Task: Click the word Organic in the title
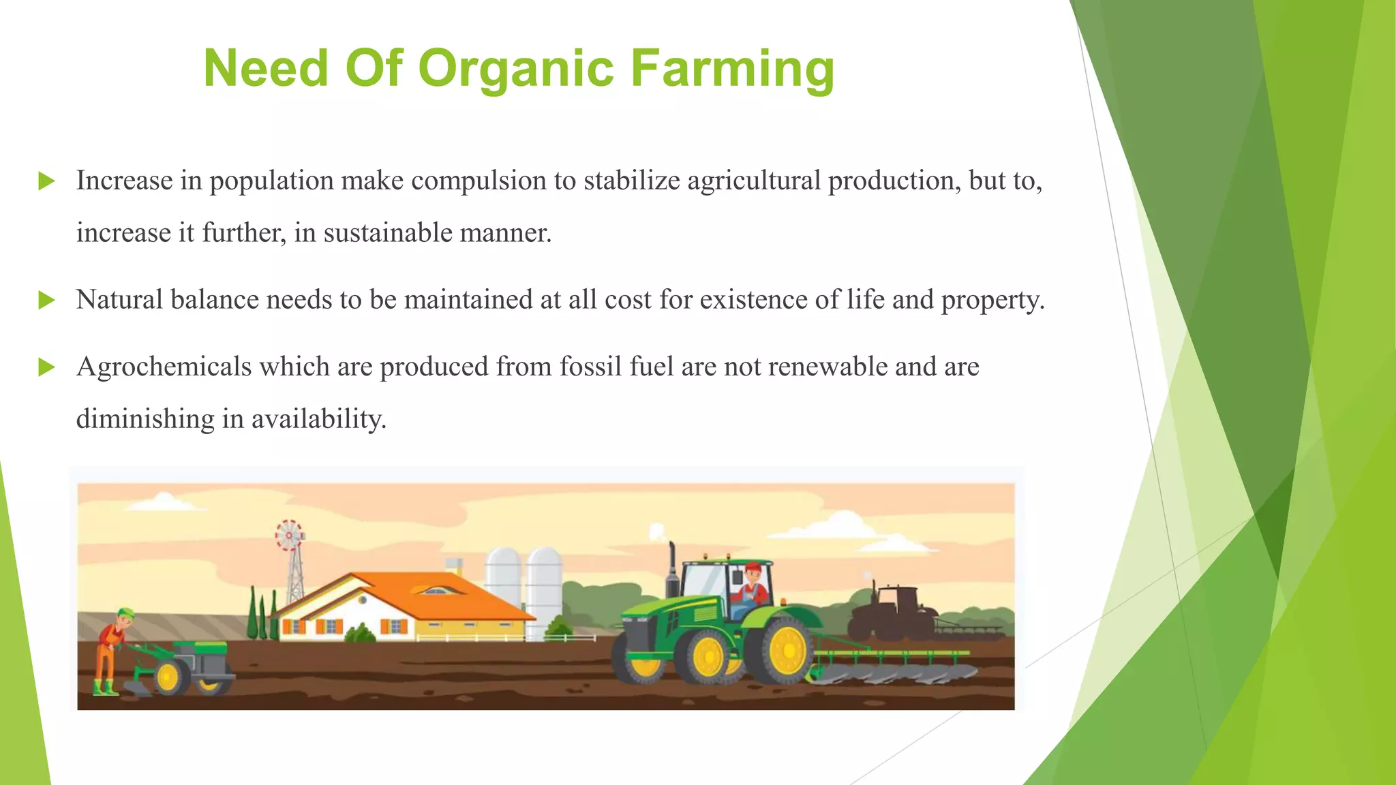515,69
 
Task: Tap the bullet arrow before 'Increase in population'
46,181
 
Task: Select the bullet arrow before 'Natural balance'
46,300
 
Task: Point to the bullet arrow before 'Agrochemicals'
46,367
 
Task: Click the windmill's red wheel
290,536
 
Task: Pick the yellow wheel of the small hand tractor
168,677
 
